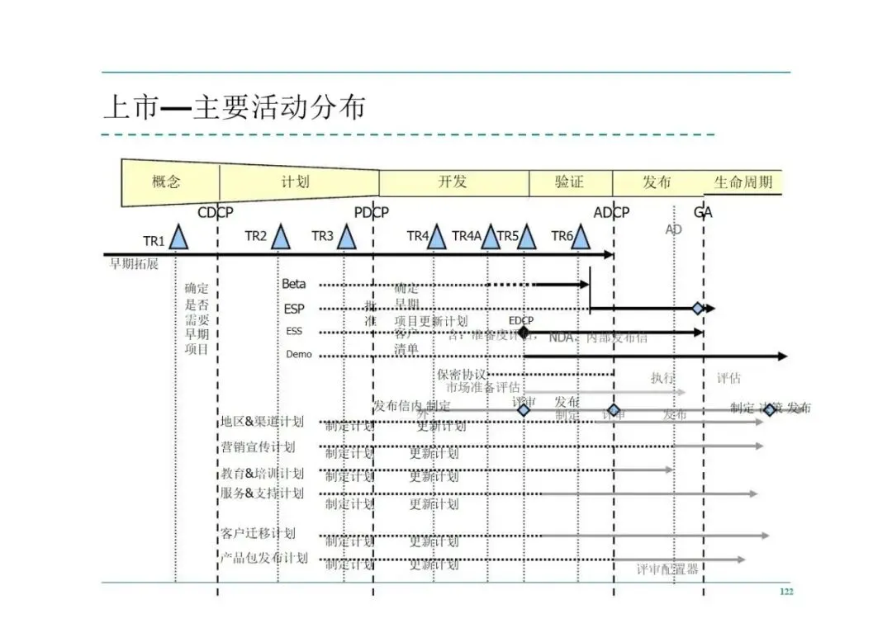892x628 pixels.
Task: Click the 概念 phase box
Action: tap(167, 182)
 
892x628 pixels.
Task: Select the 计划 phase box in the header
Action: tap(295, 182)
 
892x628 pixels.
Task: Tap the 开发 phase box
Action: tap(453, 182)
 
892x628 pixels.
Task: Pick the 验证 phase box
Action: tap(569, 182)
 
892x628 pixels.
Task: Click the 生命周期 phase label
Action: tap(743, 182)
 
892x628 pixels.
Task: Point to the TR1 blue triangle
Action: tap(178, 238)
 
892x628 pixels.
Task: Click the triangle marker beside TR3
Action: tap(346, 238)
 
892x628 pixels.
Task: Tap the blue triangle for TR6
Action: tap(581, 238)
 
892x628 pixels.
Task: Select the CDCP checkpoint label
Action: tap(216, 213)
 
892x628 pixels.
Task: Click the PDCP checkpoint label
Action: tap(372, 213)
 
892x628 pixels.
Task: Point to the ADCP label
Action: tap(611, 213)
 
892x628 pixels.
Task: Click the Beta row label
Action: tap(294, 284)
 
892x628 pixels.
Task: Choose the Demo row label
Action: tap(299, 354)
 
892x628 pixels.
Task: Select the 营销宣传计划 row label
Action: tap(257, 447)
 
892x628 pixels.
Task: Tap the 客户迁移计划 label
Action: tap(257, 533)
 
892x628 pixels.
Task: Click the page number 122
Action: tap(786, 593)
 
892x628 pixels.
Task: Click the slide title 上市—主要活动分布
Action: tap(234, 108)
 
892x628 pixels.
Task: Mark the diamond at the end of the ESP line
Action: tap(699, 309)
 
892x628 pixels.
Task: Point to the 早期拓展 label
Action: tap(134, 265)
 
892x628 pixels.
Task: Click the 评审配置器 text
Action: tap(667, 569)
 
